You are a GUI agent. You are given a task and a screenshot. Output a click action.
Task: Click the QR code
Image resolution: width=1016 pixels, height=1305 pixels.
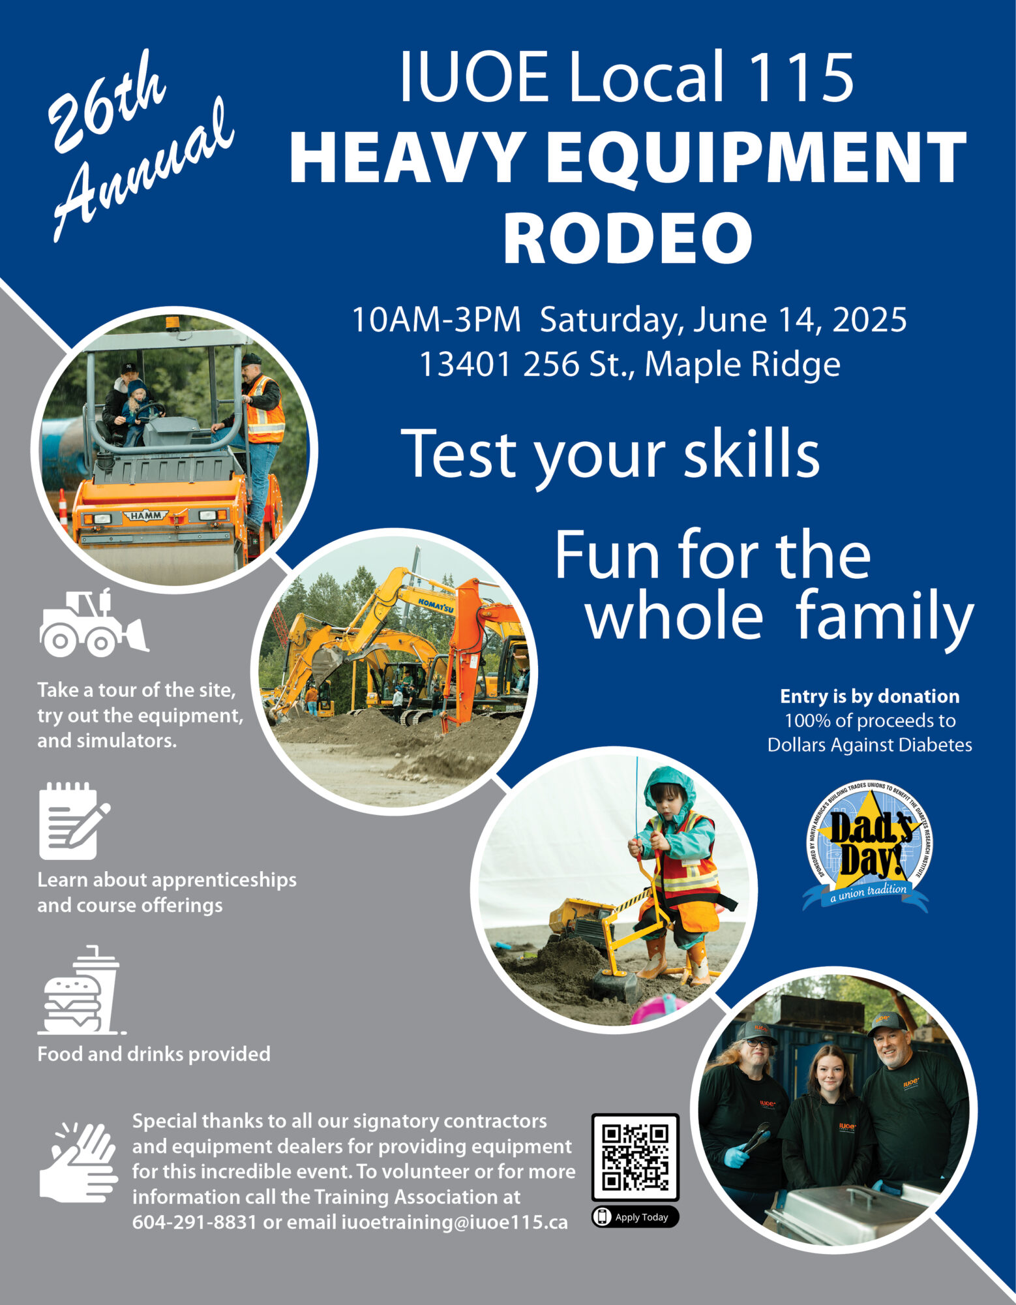[x=635, y=1157]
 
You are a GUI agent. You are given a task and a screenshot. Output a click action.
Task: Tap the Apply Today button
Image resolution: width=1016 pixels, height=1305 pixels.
[x=635, y=1217]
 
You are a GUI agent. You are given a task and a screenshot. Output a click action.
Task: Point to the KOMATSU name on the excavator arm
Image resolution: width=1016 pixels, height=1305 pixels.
[x=436, y=604]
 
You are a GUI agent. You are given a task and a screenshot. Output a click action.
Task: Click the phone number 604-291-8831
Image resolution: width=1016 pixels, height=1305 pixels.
[x=194, y=1222]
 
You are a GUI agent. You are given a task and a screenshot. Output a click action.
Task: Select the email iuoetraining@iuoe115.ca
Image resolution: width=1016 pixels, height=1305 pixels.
[x=455, y=1222]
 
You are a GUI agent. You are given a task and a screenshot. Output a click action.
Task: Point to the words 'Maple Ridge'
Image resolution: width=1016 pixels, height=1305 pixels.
[x=743, y=364]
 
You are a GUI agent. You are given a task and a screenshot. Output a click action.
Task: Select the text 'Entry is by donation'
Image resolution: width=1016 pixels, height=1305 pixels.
[x=870, y=696]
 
